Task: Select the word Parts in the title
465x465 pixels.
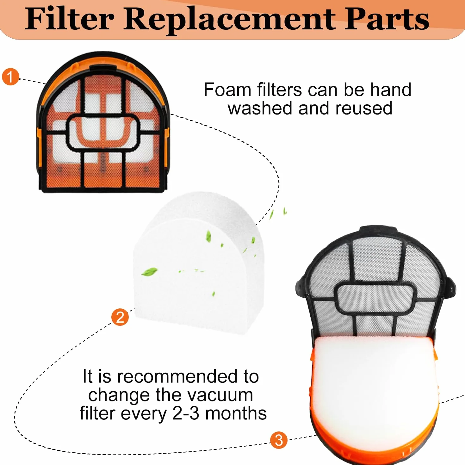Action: tap(386, 19)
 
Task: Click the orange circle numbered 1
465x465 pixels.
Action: tap(10, 77)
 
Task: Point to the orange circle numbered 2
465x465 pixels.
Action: tap(120, 317)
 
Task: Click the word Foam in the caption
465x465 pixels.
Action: tap(228, 90)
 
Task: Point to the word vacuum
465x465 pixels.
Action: tap(220, 395)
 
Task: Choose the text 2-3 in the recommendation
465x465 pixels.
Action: tap(186, 413)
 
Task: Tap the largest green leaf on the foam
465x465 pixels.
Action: tap(149, 272)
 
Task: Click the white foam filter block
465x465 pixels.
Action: tap(198, 263)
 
